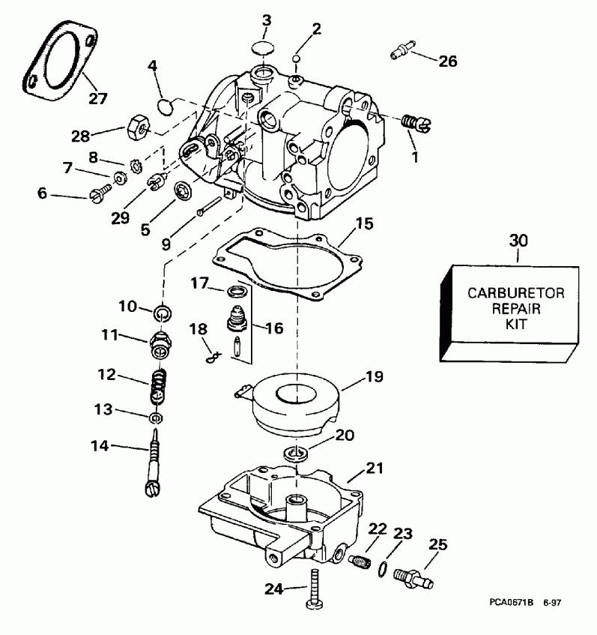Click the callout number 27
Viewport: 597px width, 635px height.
(x=98, y=97)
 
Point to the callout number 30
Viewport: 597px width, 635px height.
(x=518, y=241)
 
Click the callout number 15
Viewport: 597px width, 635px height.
(x=364, y=223)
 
